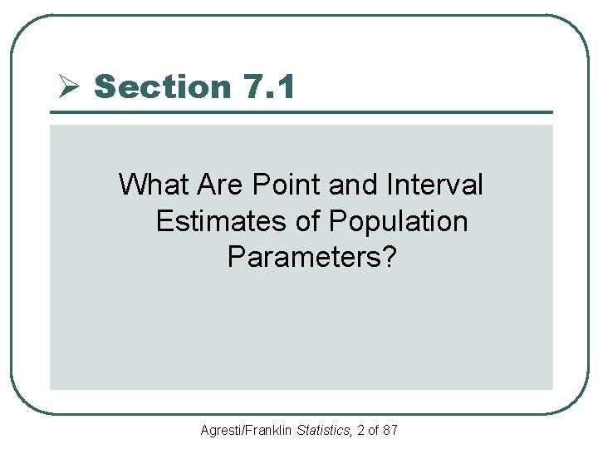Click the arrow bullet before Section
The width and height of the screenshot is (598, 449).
[69, 86]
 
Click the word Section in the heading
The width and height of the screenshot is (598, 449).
[163, 86]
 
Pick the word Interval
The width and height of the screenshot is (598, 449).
[437, 185]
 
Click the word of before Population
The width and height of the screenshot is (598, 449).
[306, 221]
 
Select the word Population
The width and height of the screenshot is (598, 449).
[399, 221]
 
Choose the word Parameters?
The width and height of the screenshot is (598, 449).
[312, 258]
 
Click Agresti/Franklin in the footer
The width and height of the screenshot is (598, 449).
[246, 431]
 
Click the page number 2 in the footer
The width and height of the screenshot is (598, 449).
[360, 431]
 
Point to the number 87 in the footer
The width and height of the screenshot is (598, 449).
[390, 431]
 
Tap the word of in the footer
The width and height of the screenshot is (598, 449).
[374, 431]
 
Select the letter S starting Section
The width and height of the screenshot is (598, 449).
[105, 86]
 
